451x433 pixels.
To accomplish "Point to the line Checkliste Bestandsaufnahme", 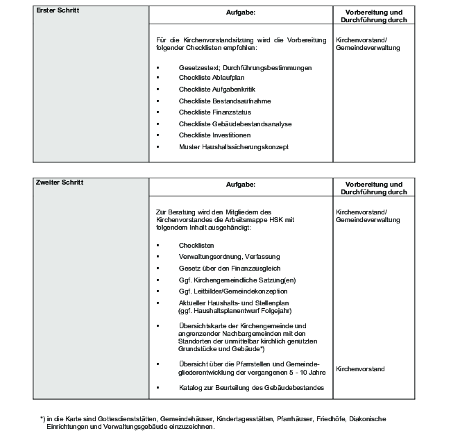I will pos(216,101).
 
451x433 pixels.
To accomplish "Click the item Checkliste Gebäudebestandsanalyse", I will pos(226,124).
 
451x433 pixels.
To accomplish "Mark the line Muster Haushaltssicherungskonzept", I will pos(233,146).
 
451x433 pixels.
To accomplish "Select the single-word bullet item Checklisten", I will pos(196,246).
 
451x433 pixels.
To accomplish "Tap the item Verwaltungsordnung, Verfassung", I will pos(224,257).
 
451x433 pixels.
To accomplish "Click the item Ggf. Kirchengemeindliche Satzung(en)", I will pos(227,280).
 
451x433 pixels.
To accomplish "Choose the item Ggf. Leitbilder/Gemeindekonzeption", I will pos(226,291).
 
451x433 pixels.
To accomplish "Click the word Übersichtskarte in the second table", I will pos(201,325).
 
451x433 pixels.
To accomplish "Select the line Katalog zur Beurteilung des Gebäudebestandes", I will pos(250,387).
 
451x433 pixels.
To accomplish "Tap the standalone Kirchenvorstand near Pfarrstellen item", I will pos(360,369).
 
